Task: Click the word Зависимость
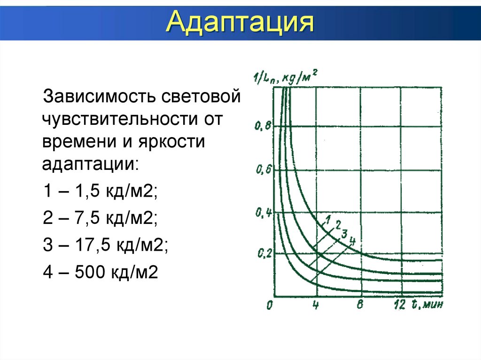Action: point(99,98)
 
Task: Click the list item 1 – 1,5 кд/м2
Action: point(101,191)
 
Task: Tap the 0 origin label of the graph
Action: point(269,306)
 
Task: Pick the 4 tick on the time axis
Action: point(316,306)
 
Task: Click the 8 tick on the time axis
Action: point(360,306)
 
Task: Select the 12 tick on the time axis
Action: point(400,306)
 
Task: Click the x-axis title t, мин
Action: point(427,305)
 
